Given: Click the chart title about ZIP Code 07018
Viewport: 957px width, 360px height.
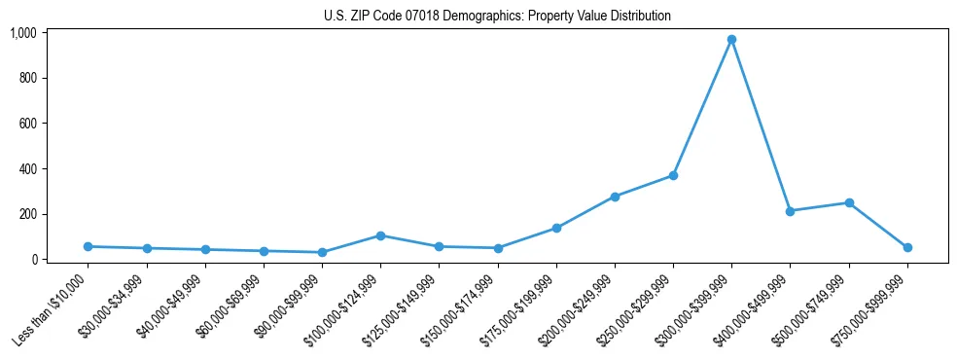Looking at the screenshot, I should (x=497, y=17).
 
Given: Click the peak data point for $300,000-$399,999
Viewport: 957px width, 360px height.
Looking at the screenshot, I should (x=731, y=40).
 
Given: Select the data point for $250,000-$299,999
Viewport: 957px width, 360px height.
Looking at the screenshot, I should (x=673, y=176).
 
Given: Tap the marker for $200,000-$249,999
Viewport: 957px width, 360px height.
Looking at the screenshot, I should (x=615, y=197).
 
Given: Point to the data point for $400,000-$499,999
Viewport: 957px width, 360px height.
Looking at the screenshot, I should (x=790, y=211).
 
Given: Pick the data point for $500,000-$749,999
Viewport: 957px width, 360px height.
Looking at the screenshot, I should (x=849, y=203).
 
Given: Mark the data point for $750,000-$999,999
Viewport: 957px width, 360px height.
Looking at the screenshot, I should (x=907, y=247).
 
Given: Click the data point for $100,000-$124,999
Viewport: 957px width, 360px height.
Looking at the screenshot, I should (x=380, y=235).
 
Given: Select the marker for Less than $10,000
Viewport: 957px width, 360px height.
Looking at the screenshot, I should (x=88, y=246).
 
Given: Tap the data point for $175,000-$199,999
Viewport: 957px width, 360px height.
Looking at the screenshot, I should (x=556, y=228).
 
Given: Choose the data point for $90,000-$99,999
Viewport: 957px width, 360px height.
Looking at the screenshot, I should (x=322, y=252).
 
